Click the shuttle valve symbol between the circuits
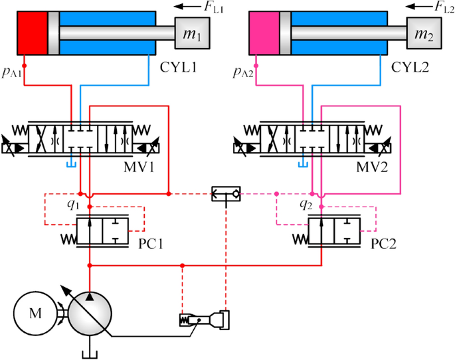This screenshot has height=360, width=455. (227, 194)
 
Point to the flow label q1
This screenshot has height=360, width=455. (73, 205)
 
